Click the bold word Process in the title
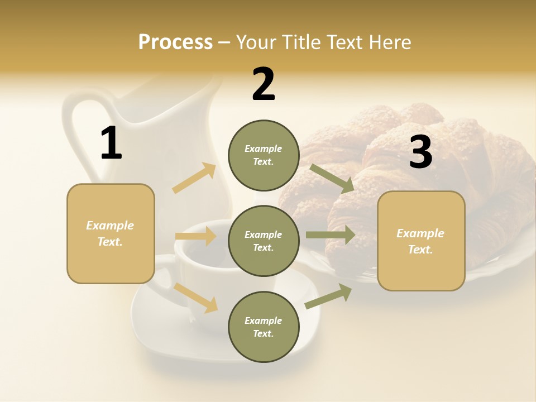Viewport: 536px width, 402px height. tap(175, 42)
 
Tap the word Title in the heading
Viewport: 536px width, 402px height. tap(301, 42)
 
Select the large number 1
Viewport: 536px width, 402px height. tap(111, 143)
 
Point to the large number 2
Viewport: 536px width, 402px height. tap(264, 84)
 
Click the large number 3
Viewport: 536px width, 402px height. tap(420, 152)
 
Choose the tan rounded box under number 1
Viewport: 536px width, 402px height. tap(111, 233)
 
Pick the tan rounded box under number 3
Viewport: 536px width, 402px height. tap(421, 241)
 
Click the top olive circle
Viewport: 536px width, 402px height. tap(264, 155)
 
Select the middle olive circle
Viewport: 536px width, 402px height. tap(264, 241)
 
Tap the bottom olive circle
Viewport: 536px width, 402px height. tap(264, 327)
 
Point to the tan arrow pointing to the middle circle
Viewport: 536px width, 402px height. tap(195, 236)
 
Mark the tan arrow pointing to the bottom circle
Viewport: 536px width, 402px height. tap(195, 298)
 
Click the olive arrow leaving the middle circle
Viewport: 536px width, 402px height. tap(331, 234)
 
